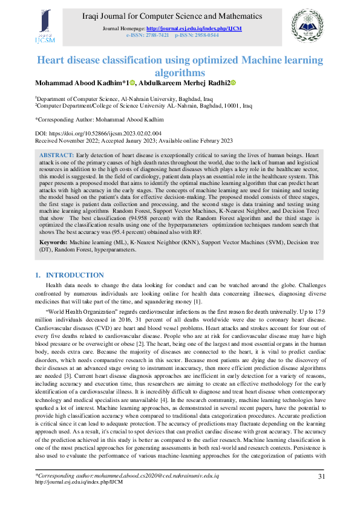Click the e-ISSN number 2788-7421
coord(155,36)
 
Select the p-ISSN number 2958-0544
coord(206,36)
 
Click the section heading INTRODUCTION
coord(75,275)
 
